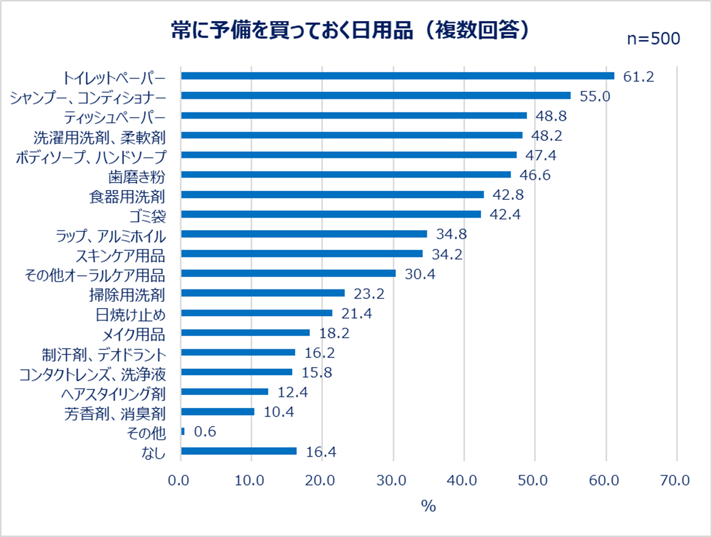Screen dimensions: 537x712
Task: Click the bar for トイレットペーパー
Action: (397, 76)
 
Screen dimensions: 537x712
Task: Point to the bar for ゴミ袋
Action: (330, 214)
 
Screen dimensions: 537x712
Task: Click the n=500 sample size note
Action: (653, 38)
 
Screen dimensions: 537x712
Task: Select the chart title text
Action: (350, 31)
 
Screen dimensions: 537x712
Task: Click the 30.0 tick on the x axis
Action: (393, 480)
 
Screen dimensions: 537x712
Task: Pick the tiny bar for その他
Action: (183, 431)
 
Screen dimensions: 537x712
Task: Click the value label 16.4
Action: (321, 452)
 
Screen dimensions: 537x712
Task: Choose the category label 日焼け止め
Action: (131, 314)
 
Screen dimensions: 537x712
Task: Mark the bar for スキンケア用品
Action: (301, 254)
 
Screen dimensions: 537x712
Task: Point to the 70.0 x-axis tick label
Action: (677, 480)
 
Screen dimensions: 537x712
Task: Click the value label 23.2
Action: (369, 294)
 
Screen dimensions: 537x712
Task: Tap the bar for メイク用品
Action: (245, 333)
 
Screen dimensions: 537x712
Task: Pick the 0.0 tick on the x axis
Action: (180, 480)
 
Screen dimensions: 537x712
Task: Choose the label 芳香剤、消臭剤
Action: (115, 412)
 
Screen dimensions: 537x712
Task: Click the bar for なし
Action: (238, 451)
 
